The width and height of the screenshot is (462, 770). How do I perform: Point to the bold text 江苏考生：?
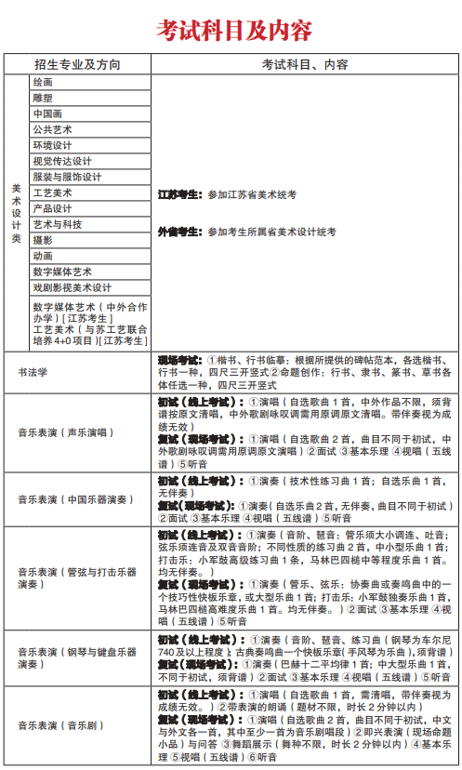point(178,194)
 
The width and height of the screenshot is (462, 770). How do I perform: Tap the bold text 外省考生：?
point(178,231)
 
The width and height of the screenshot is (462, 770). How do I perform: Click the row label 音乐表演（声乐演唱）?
point(65,432)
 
